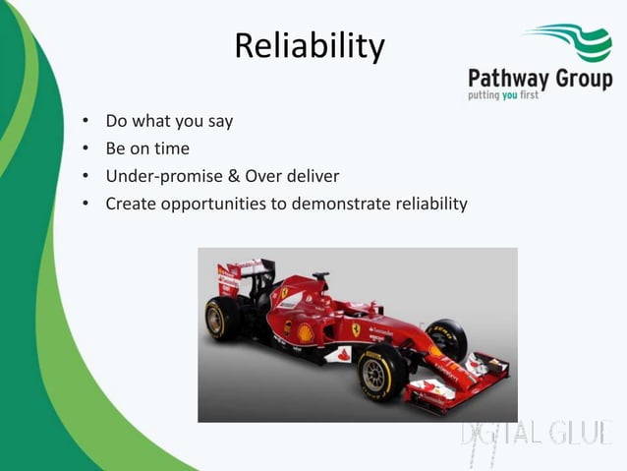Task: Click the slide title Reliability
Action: (310, 45)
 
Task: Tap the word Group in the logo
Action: (584, 79)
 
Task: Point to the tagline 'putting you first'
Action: (503, 95)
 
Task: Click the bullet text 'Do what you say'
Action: (169, 122)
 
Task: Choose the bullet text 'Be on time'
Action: (147, 148)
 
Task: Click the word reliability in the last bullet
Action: (431, 204)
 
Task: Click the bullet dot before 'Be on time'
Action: (86, 148)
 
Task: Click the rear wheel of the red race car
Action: (222, 319)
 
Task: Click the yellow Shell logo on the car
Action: (307, 333)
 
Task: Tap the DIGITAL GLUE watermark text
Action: (538, 434)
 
